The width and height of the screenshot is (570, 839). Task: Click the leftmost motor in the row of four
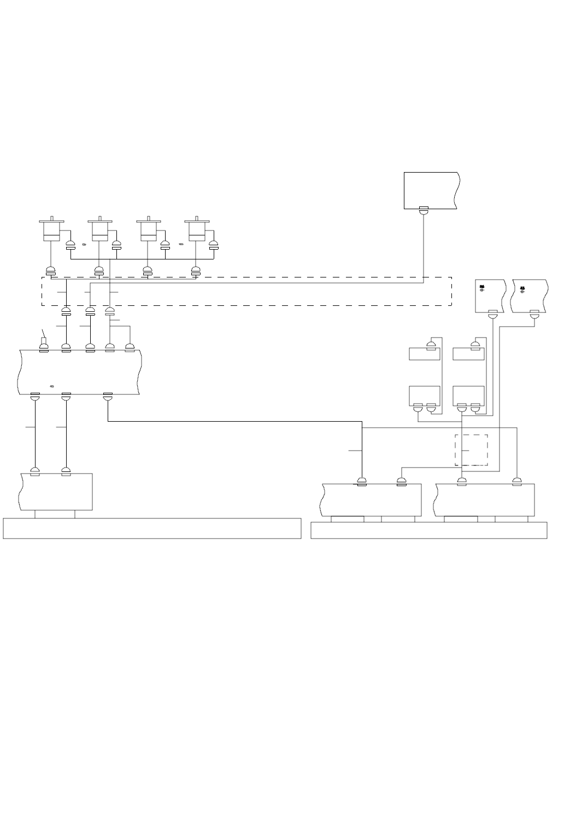[x=51, y=231]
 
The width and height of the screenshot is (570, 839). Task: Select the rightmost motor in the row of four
[x=197, y=231]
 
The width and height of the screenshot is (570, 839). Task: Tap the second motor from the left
[x=100, y=231]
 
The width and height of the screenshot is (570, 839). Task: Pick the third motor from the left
[x=148, y=231]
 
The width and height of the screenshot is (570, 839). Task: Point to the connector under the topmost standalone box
[x=424, y=210]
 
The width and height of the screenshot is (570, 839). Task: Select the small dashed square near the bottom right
[x=472, y=450]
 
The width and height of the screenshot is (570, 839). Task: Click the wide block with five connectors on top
[x=79, y=371]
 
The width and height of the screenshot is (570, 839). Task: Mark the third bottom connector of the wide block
[x=108, y=396]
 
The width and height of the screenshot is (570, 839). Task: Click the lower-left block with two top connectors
[x=56, y=492]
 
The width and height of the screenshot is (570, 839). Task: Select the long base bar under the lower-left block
[x=152, y=528]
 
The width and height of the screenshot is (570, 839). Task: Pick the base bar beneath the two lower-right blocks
[x=429, y=530]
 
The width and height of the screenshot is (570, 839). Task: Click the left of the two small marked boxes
[x=489, y=296]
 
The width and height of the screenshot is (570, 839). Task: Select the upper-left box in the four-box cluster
[x=425, y=354]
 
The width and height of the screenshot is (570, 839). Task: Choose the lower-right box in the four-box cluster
[x=469, y=394]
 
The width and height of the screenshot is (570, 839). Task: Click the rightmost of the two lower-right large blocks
[x=484, y=499]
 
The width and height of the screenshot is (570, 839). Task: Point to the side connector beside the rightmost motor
[x=214, y=245]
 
